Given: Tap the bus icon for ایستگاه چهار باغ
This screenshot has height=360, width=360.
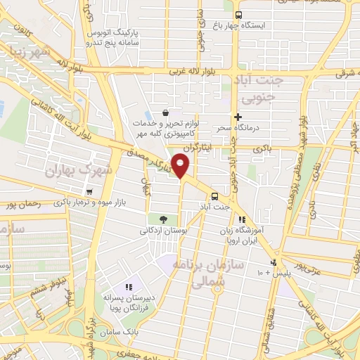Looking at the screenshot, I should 238,15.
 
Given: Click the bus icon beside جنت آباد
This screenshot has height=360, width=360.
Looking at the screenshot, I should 214,196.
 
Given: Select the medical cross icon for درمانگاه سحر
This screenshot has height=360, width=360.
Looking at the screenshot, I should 238,117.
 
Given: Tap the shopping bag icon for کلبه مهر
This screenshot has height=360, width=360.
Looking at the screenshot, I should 165,112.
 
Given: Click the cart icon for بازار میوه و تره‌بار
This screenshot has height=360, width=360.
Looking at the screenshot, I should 89,192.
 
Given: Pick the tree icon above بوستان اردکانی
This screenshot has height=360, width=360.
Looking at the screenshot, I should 162,219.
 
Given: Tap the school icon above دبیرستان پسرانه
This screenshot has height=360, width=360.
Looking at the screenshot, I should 128,287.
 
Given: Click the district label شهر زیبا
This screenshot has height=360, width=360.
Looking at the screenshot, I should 27,53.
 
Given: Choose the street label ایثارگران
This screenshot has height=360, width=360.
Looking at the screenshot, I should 197,150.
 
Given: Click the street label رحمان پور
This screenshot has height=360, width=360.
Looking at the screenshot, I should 20,205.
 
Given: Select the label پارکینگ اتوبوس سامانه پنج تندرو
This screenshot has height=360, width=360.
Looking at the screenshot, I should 112,37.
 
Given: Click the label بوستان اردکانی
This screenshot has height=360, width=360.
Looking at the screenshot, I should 162,230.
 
